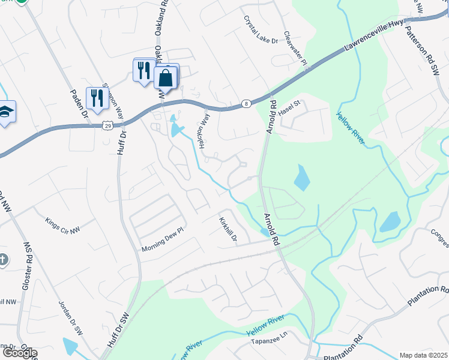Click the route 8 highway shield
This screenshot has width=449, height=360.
point(246,104)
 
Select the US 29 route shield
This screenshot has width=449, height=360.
point(107,125)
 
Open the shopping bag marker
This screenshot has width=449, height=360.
point(164,78)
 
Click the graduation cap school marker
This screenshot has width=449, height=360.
point(5,112)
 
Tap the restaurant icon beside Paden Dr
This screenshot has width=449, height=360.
point(95,98)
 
